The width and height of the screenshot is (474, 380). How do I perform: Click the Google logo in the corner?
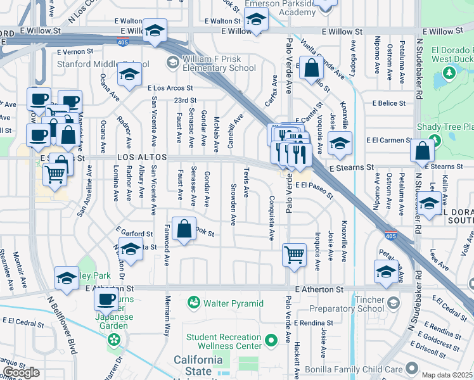21,372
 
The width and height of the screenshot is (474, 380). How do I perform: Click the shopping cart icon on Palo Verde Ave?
294,255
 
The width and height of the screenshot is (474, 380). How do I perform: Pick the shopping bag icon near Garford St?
184,231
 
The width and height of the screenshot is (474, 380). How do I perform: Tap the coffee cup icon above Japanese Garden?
105,299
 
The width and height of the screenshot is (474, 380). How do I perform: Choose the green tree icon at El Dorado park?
449,73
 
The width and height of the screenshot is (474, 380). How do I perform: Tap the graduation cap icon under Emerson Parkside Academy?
255,21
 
